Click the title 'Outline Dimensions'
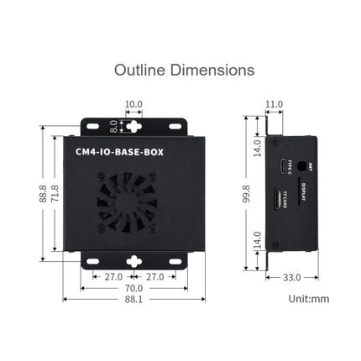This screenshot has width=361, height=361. (x=184, y=70)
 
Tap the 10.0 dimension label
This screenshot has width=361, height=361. (x=133, y=106)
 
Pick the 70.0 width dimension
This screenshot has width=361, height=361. (x=134, y=288)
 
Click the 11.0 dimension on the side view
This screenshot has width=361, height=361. (x=274, y=106)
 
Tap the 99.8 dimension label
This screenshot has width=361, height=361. (x=247, y=194)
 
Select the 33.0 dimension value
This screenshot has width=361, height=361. (x=291, y=276)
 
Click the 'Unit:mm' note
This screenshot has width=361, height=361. (x=309, y=299)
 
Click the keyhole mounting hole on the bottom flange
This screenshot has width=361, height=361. (x=134, y=261)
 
